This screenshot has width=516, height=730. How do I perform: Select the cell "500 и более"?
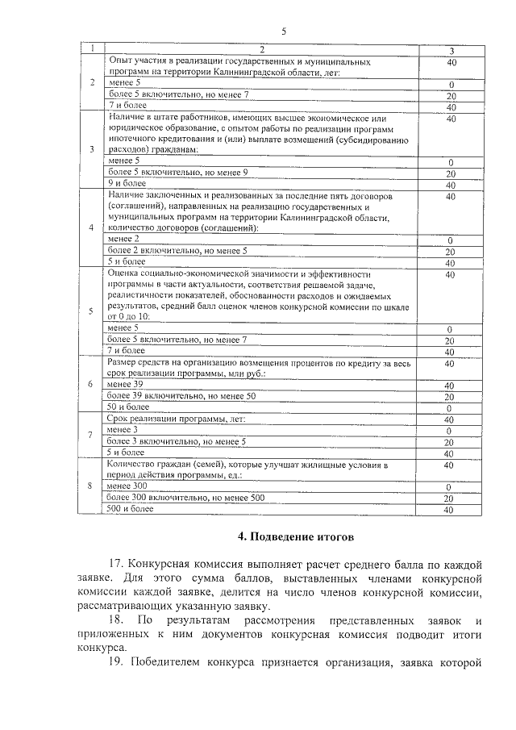(x=130, y=509)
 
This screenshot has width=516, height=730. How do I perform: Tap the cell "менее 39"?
(x=125, y=386)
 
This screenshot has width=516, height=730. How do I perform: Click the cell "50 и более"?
(x=128, y=407)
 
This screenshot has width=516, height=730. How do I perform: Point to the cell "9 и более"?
(x=125, y=183)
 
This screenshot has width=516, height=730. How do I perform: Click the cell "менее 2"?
(x=123, y=240)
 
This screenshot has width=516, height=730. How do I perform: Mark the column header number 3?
(x=451, y=52)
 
